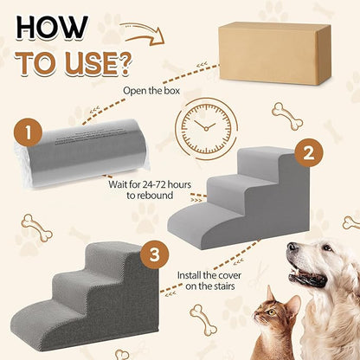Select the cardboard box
273,53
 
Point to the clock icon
207,130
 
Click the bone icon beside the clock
286,114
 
